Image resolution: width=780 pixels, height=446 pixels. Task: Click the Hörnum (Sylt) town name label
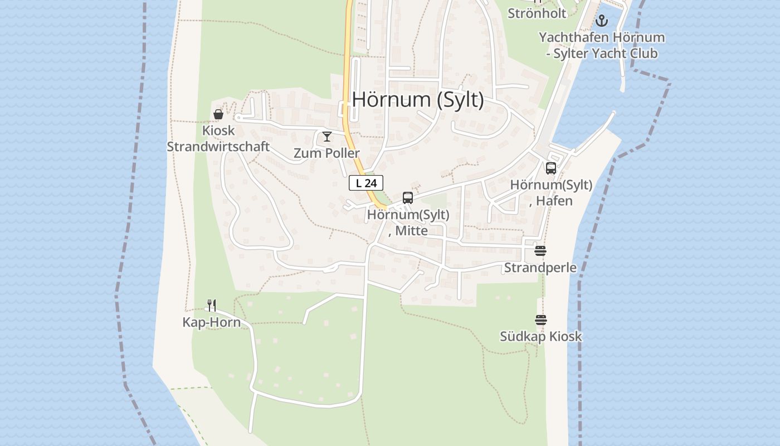418,100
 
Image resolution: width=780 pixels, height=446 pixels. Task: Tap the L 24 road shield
366,183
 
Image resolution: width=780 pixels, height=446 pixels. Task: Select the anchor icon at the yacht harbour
601,21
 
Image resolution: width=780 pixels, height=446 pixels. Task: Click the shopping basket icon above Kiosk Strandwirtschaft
218,114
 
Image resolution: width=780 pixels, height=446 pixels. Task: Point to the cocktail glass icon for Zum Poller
327,137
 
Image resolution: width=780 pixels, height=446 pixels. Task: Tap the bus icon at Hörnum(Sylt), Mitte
408,198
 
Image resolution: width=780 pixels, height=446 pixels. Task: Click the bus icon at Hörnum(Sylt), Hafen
551,168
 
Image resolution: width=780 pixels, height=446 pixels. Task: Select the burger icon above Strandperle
540,251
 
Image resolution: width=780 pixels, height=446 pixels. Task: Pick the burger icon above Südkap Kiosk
540,320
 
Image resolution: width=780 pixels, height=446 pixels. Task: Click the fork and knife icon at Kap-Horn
212,306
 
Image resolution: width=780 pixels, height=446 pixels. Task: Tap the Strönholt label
537,13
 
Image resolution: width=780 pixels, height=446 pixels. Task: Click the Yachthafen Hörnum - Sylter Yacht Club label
602,46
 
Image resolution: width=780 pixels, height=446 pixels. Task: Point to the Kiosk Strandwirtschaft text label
218,139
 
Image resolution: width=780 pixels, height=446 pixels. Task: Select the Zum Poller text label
326,153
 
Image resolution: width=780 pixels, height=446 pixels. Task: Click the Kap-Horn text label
212,322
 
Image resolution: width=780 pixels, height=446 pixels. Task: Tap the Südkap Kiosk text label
540,336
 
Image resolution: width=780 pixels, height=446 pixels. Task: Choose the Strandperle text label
540,267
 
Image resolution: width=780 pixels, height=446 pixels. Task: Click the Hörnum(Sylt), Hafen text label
551,193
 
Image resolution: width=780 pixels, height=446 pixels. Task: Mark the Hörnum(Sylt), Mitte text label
408,222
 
